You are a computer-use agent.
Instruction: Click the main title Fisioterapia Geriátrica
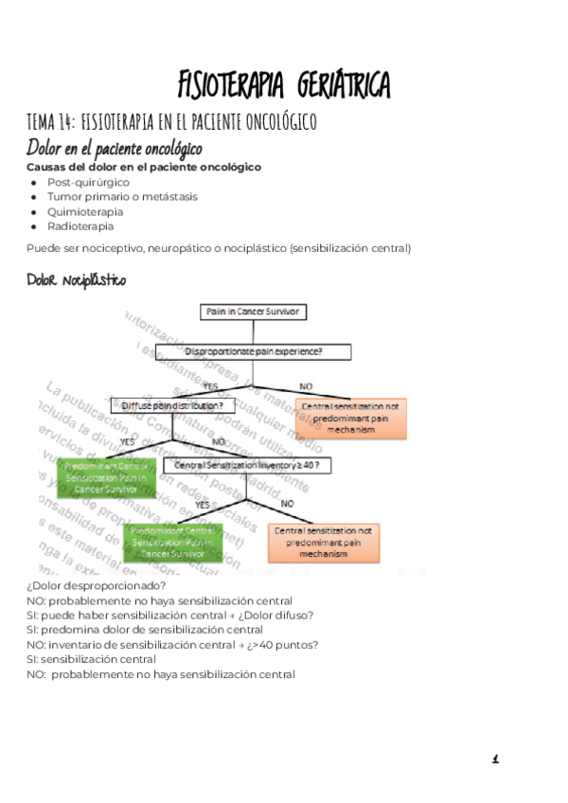point(284,85)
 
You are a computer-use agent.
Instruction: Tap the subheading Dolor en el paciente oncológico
point(115,150)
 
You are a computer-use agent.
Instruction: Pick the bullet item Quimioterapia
point(85,212)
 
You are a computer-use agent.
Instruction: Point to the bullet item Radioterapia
point(80,226)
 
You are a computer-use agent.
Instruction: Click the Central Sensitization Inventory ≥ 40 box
point(249,465)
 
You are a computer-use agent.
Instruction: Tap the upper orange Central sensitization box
point(352,418)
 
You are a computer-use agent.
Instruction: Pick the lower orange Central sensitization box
point(324,544)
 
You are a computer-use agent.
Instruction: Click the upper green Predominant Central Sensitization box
point(107,478)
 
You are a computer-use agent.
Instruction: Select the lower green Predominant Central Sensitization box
point(173,543)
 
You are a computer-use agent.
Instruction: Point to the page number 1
point(495,758)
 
